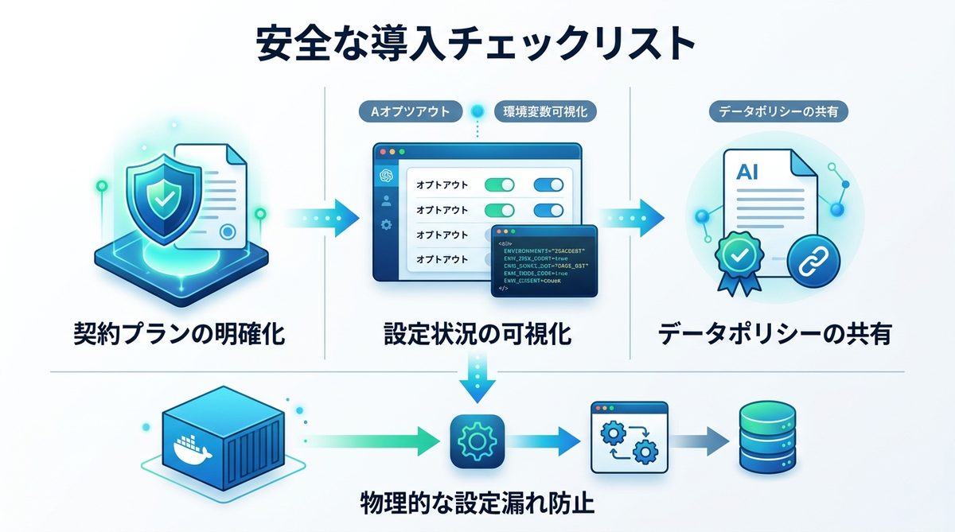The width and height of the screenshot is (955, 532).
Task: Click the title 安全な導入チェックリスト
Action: (x=476, y=44)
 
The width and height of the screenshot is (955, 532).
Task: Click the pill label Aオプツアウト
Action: (x=410, y=112)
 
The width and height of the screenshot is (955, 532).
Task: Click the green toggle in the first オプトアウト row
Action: (x=499, y=184)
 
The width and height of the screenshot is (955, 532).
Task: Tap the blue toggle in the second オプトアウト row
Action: (x=548, y=210)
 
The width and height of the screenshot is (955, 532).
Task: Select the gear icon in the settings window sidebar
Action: (x=387, y=225)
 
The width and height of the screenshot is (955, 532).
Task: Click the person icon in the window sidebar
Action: (x=387, y=200)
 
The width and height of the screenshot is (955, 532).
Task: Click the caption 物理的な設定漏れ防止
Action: (x=476, y=504)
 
